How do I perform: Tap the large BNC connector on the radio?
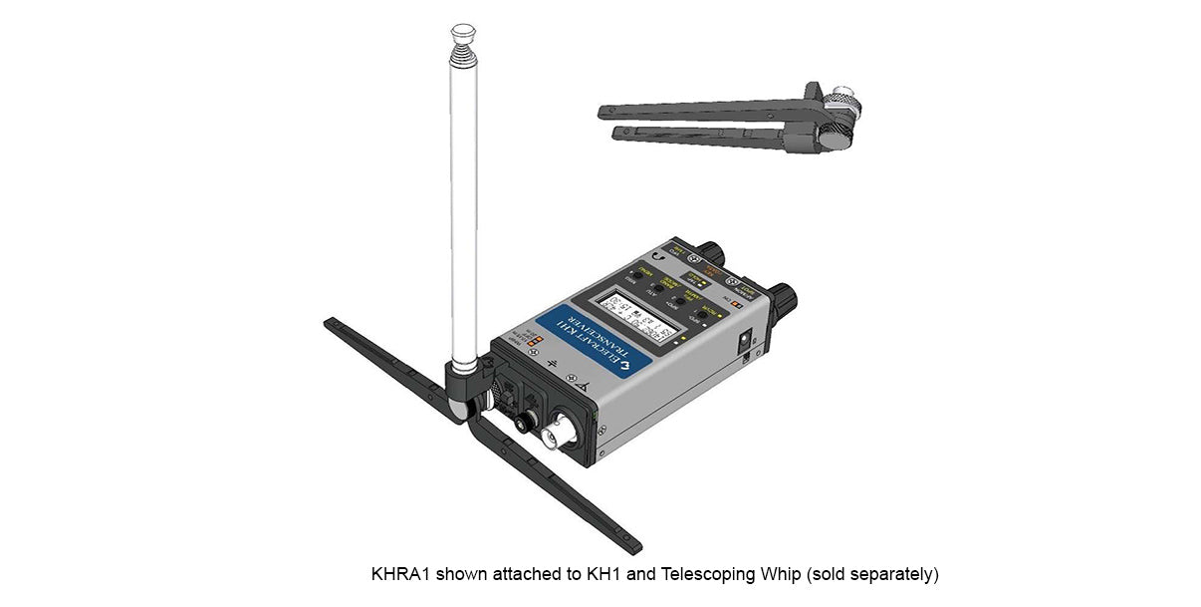coord(555,435)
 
